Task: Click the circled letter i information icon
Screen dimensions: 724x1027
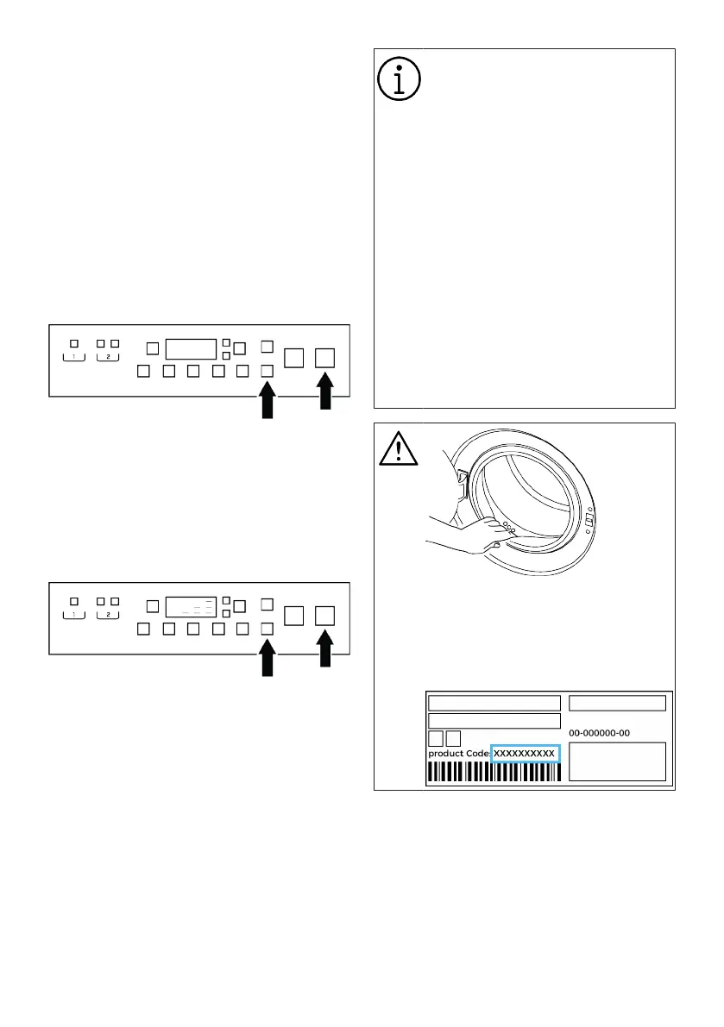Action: (399, 79)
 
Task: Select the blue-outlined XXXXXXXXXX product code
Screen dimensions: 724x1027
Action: (525, 754)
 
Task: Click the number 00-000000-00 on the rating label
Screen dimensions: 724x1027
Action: (600, 733)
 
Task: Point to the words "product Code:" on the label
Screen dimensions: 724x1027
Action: (459, 754)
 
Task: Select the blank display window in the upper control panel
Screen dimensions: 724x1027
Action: (191, 348)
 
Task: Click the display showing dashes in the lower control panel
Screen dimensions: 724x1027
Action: (191, 607)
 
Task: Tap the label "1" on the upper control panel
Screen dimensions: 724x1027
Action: (74, 356)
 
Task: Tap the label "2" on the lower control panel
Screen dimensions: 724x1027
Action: (108, 615)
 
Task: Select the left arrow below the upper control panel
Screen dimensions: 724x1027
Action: (267, 402)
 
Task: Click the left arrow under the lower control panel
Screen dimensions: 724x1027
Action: (267, 661)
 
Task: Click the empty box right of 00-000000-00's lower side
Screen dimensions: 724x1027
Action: (617, 761)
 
